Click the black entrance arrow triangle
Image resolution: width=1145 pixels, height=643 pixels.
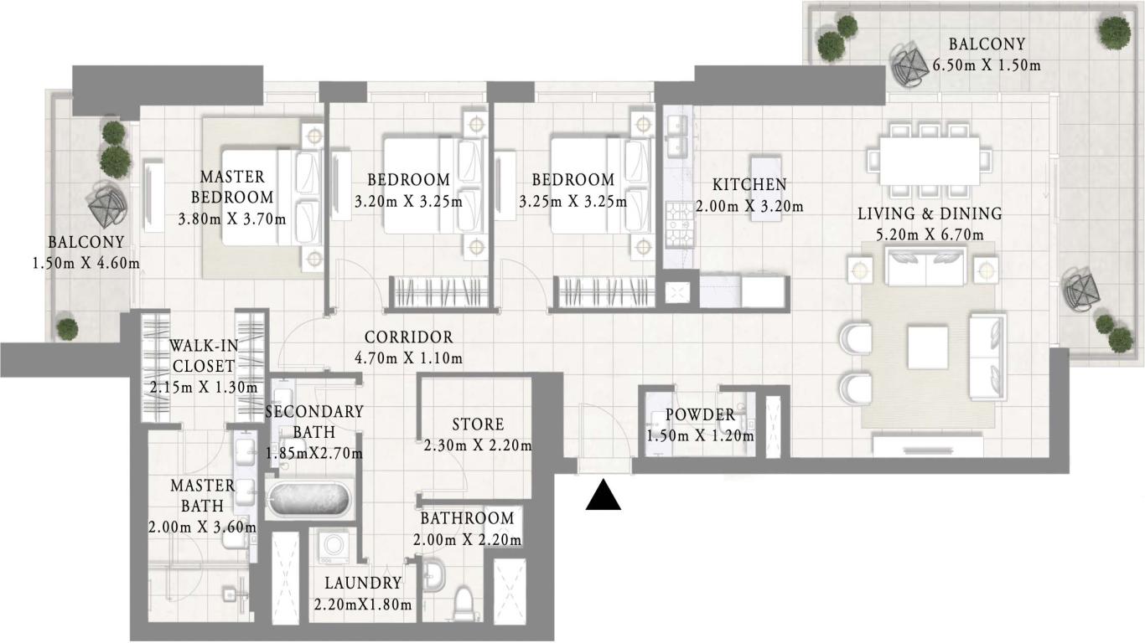click(x=603, y=495)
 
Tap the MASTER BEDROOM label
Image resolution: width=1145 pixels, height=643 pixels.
click(x=232, y=188)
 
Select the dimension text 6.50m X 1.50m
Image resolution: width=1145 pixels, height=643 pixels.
click(x=987, y=64)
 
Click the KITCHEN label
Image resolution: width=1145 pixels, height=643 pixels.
click(x=749, y=184)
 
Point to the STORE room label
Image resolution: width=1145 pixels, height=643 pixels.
click(x=478, y=424)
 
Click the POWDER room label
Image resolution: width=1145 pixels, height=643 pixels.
click(x=700, y=414)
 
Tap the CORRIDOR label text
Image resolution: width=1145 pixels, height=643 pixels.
click(x=408, y=337)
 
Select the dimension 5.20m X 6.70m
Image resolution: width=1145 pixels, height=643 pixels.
click(x=929, y=235)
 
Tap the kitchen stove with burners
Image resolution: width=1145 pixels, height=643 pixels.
click(x=676, y=224)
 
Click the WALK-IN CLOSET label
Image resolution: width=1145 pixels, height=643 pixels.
click(x=202, y=356)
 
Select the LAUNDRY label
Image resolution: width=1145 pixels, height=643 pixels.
click(x=363, y=583)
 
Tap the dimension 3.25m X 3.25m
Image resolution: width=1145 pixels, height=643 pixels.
click(x=572, y=202)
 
